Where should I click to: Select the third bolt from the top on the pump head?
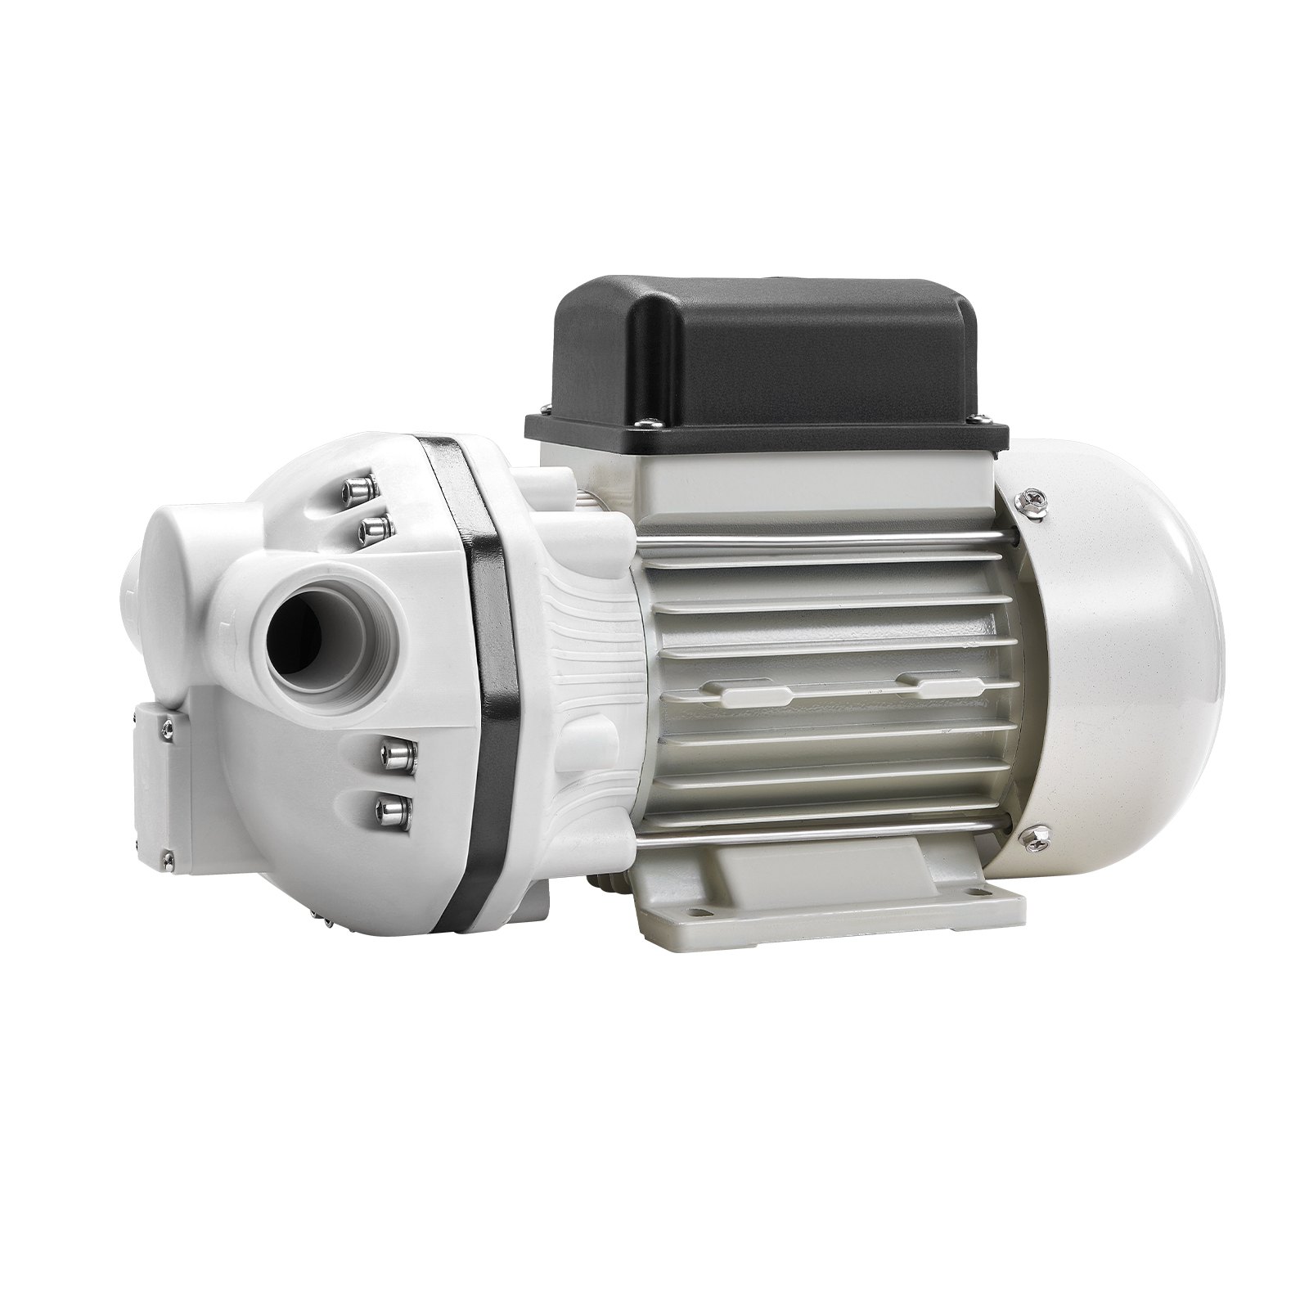[394, 751]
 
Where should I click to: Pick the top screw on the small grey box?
[167, 721]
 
